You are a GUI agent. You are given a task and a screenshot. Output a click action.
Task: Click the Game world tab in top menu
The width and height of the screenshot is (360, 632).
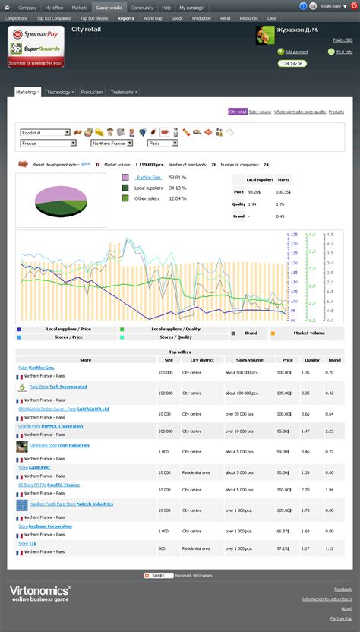click(x=108, y=7)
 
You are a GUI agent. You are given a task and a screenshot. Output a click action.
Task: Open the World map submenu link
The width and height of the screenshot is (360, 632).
click(x=153, y=17)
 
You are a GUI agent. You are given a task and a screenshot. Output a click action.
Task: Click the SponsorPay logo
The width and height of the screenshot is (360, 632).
click(x=36, y=36)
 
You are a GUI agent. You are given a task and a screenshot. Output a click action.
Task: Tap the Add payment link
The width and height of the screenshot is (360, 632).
click(x=296, y=52)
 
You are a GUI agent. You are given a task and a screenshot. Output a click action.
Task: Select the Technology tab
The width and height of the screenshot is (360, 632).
click(x=60, y=92)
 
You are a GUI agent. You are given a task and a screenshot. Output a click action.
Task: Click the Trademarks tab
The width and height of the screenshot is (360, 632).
click(x=123, y=92)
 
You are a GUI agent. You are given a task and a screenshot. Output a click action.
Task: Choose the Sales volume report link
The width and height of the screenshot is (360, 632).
click(x=260, y=112)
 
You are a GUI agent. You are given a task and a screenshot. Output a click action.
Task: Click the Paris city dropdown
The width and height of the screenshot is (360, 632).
click(x=163, y=143)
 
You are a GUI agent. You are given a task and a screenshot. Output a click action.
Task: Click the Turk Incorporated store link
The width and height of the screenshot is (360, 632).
click(x=68, y=387)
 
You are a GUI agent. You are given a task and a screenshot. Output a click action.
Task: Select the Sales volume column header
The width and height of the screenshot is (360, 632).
click(x=244, y=361)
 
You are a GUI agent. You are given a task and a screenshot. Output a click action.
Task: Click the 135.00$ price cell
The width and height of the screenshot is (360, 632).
click(x=284, y=393)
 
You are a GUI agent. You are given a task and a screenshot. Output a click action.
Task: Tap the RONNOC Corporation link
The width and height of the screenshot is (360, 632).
click(x=62, y=426)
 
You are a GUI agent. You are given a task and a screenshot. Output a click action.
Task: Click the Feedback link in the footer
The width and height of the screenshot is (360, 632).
click(x=343, y=589)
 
